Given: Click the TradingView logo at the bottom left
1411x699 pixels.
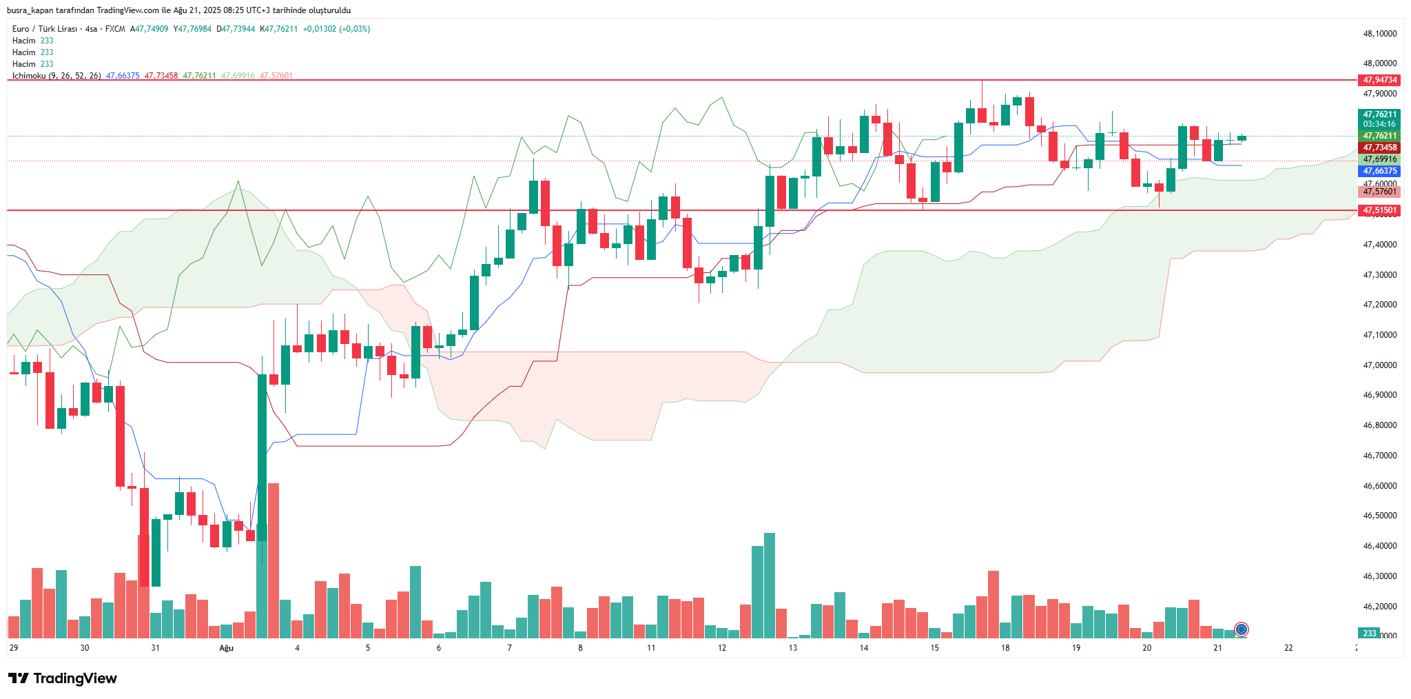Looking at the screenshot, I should [63, 678].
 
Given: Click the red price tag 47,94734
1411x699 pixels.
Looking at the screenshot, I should [1379, 80].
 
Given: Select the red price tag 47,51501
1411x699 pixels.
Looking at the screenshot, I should [1379, 210].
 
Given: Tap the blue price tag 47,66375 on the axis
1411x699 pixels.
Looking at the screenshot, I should [1379, 171].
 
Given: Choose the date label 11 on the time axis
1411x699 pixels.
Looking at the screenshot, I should [651, 648].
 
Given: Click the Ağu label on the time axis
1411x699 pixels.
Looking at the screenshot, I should [226, 648].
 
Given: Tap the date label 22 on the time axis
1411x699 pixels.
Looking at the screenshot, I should [1288, 648].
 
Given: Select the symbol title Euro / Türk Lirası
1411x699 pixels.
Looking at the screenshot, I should [44, 29].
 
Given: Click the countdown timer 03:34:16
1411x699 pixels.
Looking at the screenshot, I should [1379, 124].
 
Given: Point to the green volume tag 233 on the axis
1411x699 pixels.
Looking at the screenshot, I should [1369, 634].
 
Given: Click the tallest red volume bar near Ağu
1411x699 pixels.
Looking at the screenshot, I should [274, 560].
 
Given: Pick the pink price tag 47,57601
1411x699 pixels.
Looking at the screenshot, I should [1379, 192].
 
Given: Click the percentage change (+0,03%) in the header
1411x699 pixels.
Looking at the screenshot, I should [354, 29].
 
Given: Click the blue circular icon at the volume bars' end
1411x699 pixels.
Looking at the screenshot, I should [1242, 629].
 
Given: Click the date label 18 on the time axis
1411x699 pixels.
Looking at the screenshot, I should [1005, 648].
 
